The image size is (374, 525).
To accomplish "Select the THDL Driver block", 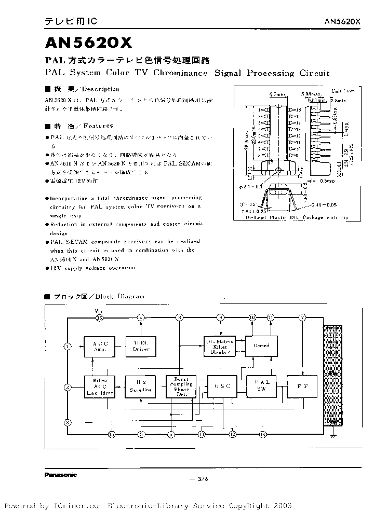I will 141,346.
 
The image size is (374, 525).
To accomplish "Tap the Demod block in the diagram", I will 261,346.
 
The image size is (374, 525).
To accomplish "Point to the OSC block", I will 222,386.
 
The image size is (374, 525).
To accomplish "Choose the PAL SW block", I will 261,386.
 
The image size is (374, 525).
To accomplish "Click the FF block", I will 302,386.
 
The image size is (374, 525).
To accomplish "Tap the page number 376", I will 201,479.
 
